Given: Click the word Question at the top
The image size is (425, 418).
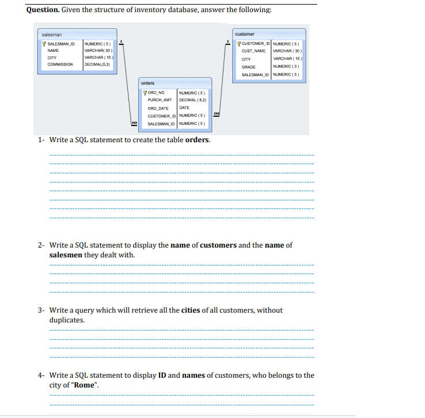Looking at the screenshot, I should pyautogui.click(x=44, y=10).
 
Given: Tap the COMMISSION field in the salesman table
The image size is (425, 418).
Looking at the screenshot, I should pyautogui.click(x=60, y=64).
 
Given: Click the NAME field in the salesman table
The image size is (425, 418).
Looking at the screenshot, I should pyautogui.click(x=53, y=50).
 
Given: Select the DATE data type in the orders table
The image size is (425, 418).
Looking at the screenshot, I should pyautogui.click(x=184, y=108).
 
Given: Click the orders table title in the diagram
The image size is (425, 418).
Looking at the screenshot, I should pyautogui.click(x=147, y=83).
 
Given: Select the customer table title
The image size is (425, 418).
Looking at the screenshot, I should pyautogui.click(x=245, y=35).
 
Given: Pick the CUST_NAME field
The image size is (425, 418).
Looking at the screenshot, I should pyautogui.click(x=253, y=51).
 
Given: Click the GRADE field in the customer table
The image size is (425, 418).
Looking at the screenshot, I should pyautogui.click(x=249, y=67).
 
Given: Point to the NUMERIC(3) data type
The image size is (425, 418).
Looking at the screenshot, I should pyautogui.click(x=286, y=67).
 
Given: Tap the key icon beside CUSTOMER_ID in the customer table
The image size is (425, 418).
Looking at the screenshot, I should pyautogui.click(x=239, y=43).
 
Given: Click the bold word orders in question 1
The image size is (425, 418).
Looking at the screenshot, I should pyautogui.click(x=197, y=140).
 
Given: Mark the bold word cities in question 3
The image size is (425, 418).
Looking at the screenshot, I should pyautogui.click(x=191, y=310).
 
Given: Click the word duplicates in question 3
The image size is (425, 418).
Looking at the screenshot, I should pyautogui.click(x=67, y=320).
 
